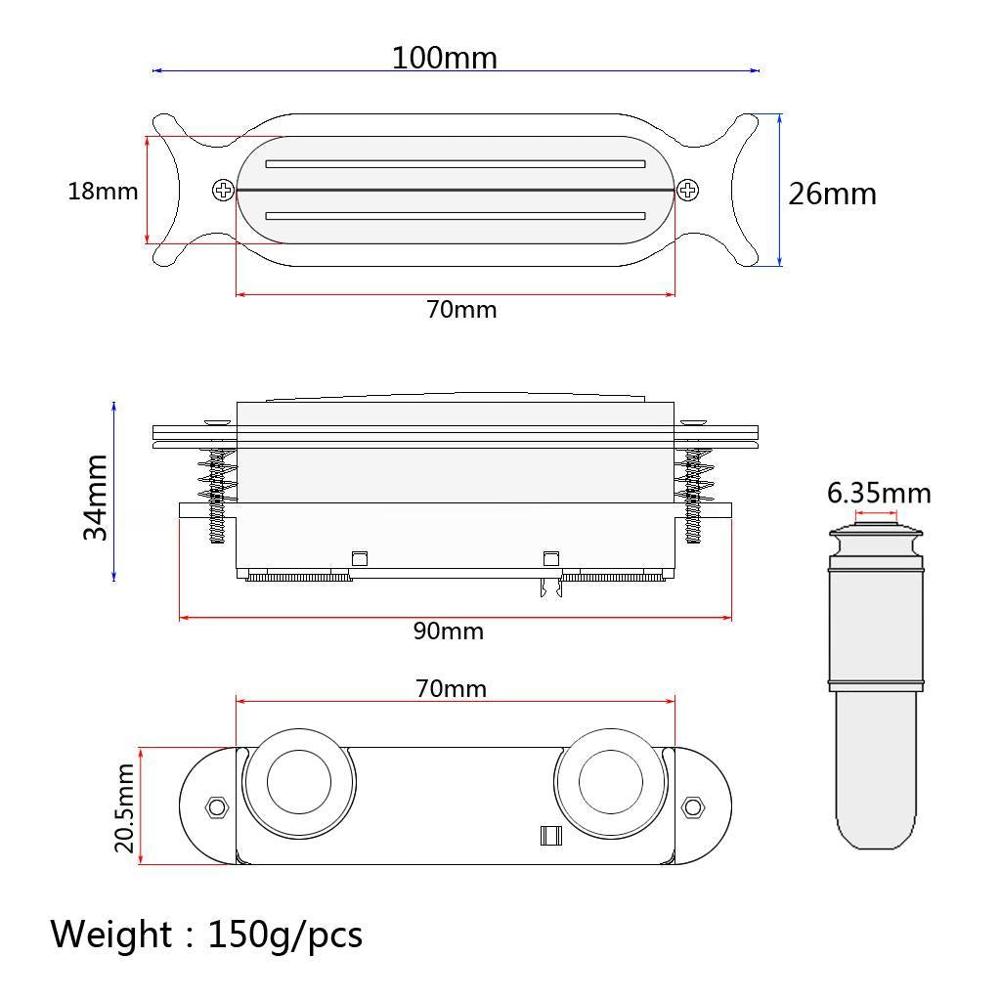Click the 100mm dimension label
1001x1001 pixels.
point(445,58)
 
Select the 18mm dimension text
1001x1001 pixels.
point(103,191)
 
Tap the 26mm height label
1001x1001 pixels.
point(833,194)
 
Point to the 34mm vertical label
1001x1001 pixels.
point(96,497)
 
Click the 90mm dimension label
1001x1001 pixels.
point(448,631)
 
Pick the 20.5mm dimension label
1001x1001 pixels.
point(124,808)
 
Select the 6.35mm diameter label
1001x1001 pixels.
point(879,493)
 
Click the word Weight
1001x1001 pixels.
point(110,934)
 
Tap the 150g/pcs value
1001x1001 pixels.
point(284,935)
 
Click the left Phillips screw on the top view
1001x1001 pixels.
point(223,191)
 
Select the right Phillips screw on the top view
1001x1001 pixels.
point(688,191)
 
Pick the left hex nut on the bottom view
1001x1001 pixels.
point(215,807)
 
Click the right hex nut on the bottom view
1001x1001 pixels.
point(694,807)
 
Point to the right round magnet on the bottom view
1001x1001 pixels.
point(611,786)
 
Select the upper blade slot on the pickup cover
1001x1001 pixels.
point(456,164)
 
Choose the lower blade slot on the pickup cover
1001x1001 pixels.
point(456,216)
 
